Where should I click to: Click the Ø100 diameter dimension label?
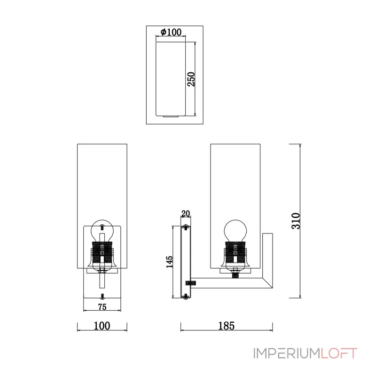click(171, 32)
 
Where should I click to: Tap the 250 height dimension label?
click(191, 79)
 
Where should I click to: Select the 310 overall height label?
click(296, 221)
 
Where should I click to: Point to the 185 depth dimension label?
click(227, 326)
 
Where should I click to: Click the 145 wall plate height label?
click(169, 262)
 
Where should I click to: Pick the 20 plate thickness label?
click(186, 213)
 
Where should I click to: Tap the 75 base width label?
click(102, 307)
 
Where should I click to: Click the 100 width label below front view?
click(102, 326)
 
